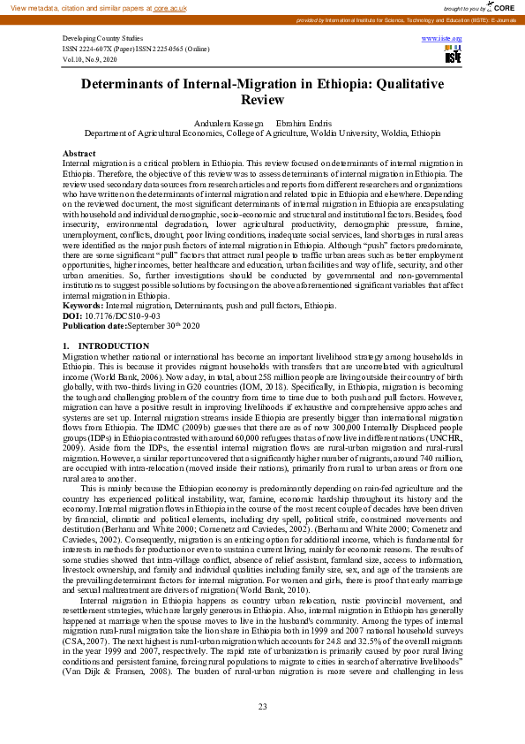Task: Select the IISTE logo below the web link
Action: click(x=454, y=57)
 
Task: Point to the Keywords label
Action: click(x=83, y=306)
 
